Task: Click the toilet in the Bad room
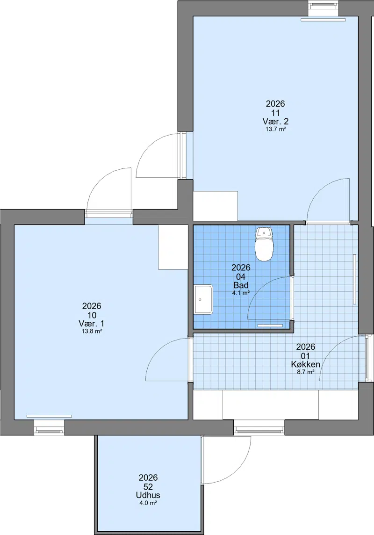[x=264, y=244]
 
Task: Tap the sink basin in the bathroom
[x=203, y=300]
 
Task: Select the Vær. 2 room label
[x=275, y=121]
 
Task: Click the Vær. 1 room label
[x=92, y=323]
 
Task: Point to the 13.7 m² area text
[x=275, y=130]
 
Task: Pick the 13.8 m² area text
[x=92, y=331]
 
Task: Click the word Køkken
[x=305, y=364]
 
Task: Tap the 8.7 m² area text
[x=305, y=372]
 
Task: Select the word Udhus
[x=148, y=495]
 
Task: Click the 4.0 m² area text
[x=148, y=503]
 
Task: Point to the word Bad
[x=241, y=285]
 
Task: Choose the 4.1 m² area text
[x=241, y=293]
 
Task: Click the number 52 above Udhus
[x=148, y=486]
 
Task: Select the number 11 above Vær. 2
[x=275, y=113]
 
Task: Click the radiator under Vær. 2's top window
[x=323, y=20]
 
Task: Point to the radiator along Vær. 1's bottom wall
[x=49, y=416]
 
